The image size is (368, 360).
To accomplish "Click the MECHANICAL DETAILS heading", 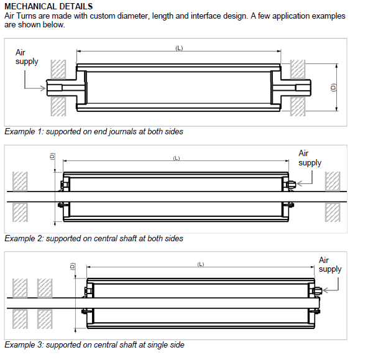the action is [48, 6].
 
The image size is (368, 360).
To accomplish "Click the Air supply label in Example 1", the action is [27, 57].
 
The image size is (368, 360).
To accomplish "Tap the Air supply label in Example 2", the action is [310, 158].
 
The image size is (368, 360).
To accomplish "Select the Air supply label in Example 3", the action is [330, 264].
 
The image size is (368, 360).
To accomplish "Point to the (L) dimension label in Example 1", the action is [179, 48].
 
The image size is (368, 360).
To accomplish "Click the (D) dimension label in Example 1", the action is [333, 88].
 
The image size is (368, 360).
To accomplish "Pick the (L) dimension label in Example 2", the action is [177, 158].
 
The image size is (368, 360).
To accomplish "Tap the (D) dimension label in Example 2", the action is [52, 157].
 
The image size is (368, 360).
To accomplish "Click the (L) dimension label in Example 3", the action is [201, 264].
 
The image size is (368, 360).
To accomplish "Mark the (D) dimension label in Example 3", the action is [73, 266].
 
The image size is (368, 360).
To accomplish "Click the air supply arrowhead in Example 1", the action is [43, 88].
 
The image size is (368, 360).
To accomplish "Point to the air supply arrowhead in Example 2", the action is [299, 184].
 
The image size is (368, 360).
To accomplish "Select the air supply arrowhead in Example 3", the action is [326, 291].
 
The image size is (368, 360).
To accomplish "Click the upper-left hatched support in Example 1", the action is [58, 69].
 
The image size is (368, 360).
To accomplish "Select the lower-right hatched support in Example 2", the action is [333, 212].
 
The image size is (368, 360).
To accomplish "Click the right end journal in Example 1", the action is [296, 88].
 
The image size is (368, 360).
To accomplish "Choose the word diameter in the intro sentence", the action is [132, 16].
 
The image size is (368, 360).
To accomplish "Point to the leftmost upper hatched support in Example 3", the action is [20, 288].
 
